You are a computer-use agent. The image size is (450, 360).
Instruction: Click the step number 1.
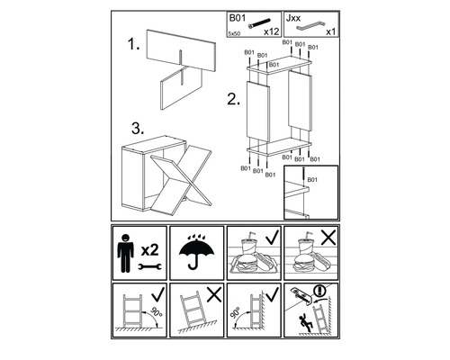(133, 45)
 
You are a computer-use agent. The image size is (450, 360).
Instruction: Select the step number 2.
(233, 99)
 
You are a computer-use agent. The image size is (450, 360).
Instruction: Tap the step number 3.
(138, 129)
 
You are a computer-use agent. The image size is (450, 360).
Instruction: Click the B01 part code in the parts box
(238, 18)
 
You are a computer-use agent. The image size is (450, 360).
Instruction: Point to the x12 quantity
(272, 31)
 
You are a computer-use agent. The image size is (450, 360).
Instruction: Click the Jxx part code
(293, 18)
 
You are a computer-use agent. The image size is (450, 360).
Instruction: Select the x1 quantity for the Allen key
(331, 31)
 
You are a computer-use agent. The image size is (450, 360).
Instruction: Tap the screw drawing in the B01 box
(259, 23)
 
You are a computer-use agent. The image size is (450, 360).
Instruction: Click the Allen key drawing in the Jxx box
(311, 26)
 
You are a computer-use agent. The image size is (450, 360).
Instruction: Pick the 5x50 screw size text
(234, 33)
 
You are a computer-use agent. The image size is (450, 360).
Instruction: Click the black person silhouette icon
(125, 253)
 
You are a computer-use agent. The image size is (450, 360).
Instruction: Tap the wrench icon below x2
(149, 266)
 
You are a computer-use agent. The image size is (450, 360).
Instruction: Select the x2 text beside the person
(149, 250)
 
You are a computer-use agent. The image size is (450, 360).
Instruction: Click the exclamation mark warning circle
(320, 291)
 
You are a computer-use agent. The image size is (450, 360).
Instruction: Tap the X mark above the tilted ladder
(214, 294)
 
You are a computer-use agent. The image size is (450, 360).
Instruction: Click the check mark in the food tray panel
(273, 237)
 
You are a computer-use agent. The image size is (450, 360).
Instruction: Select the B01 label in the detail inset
(312, 180)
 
